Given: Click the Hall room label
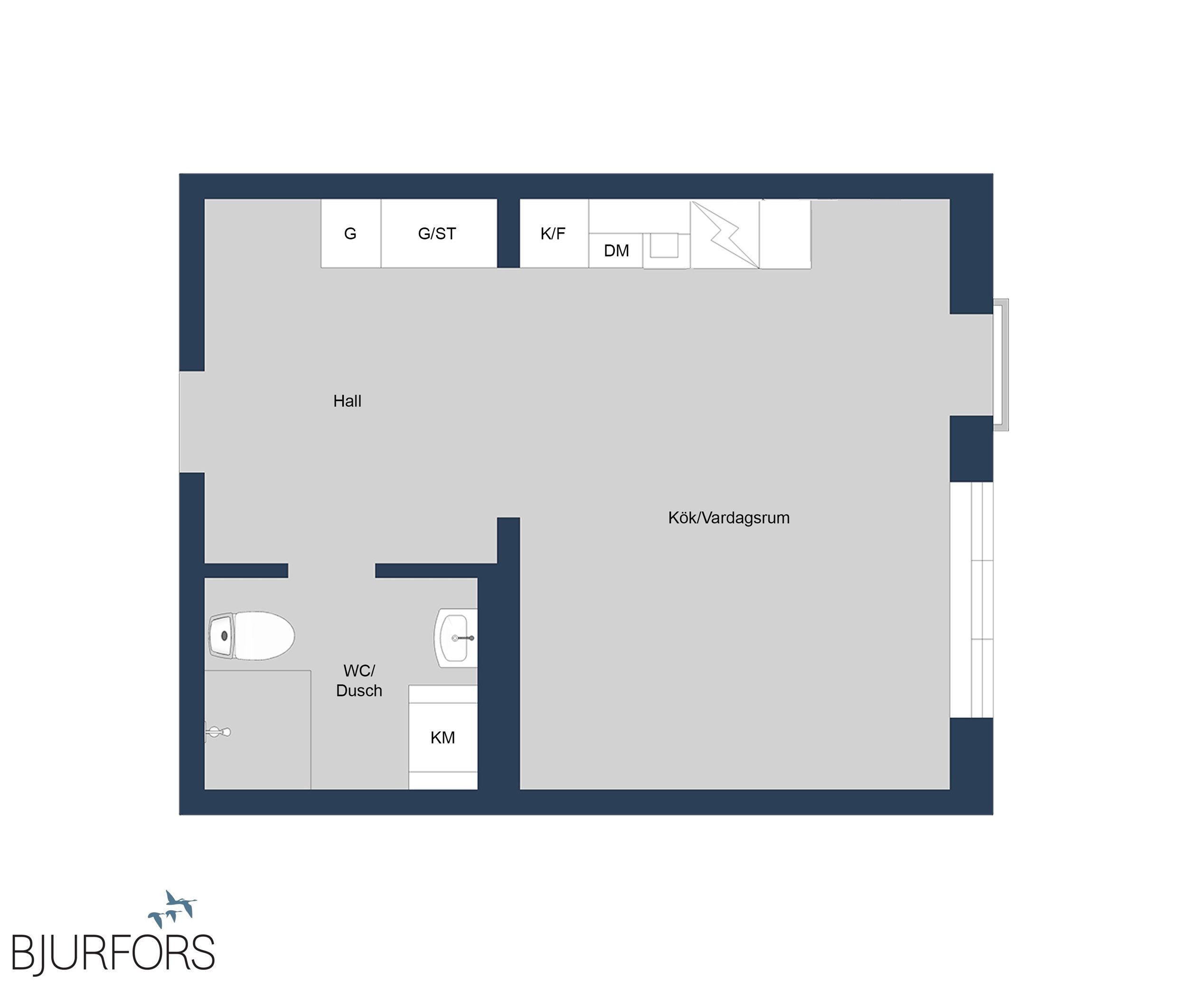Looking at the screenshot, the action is [x=347, y=401].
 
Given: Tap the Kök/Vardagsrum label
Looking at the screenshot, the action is [x=729, y=518].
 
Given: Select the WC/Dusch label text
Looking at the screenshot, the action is [x=359, y=680].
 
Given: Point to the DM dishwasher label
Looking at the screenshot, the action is [x=616, y=250].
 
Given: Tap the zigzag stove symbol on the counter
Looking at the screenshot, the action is [x=725, y=234].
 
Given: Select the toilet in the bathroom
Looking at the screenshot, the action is [x=252, y=635].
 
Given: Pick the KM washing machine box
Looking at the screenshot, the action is [x=443, y=737].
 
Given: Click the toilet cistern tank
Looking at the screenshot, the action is [x=222, y=636].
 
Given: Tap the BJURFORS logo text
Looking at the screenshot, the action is [x=113, y=953].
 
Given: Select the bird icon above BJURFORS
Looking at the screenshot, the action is [x=172, y=908].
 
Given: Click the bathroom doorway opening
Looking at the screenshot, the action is [x=332, y=571].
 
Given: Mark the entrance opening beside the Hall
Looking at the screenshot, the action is [x=192, y=422].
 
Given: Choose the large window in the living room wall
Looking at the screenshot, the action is [x=971, y=600].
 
